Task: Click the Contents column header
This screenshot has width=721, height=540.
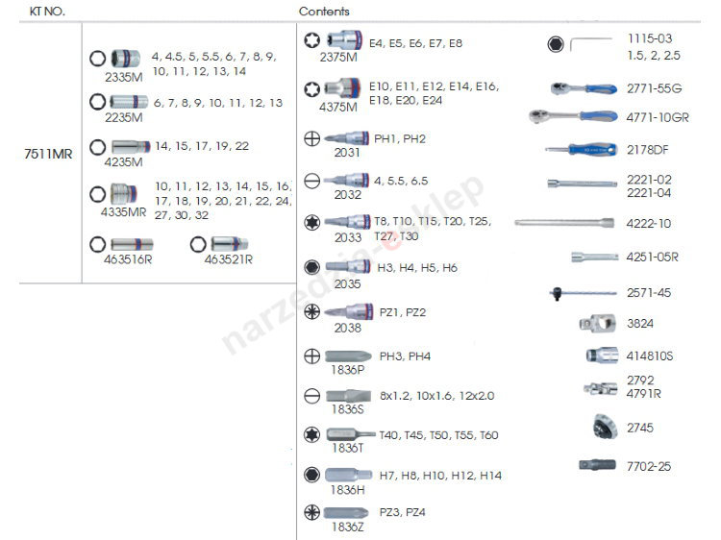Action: [x=324, y=12]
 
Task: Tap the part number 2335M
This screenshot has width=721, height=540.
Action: [x=123, y=76]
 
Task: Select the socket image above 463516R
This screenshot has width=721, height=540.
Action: [x=132, y=244]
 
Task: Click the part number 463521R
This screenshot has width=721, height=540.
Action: [x=227, y=258]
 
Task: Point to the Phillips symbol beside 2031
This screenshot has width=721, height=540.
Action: [x=311, y=138]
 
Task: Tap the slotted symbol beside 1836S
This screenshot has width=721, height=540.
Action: [x=311, y=395]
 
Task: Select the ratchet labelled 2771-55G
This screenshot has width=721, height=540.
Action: [x=583, y=88]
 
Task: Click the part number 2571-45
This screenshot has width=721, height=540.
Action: [x=649, y=293]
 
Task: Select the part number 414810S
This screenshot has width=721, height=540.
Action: [x=650, y=356]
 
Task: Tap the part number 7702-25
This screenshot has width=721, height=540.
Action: [x=649, y=466]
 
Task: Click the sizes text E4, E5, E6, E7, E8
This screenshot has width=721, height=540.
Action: [x=415, y=43]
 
